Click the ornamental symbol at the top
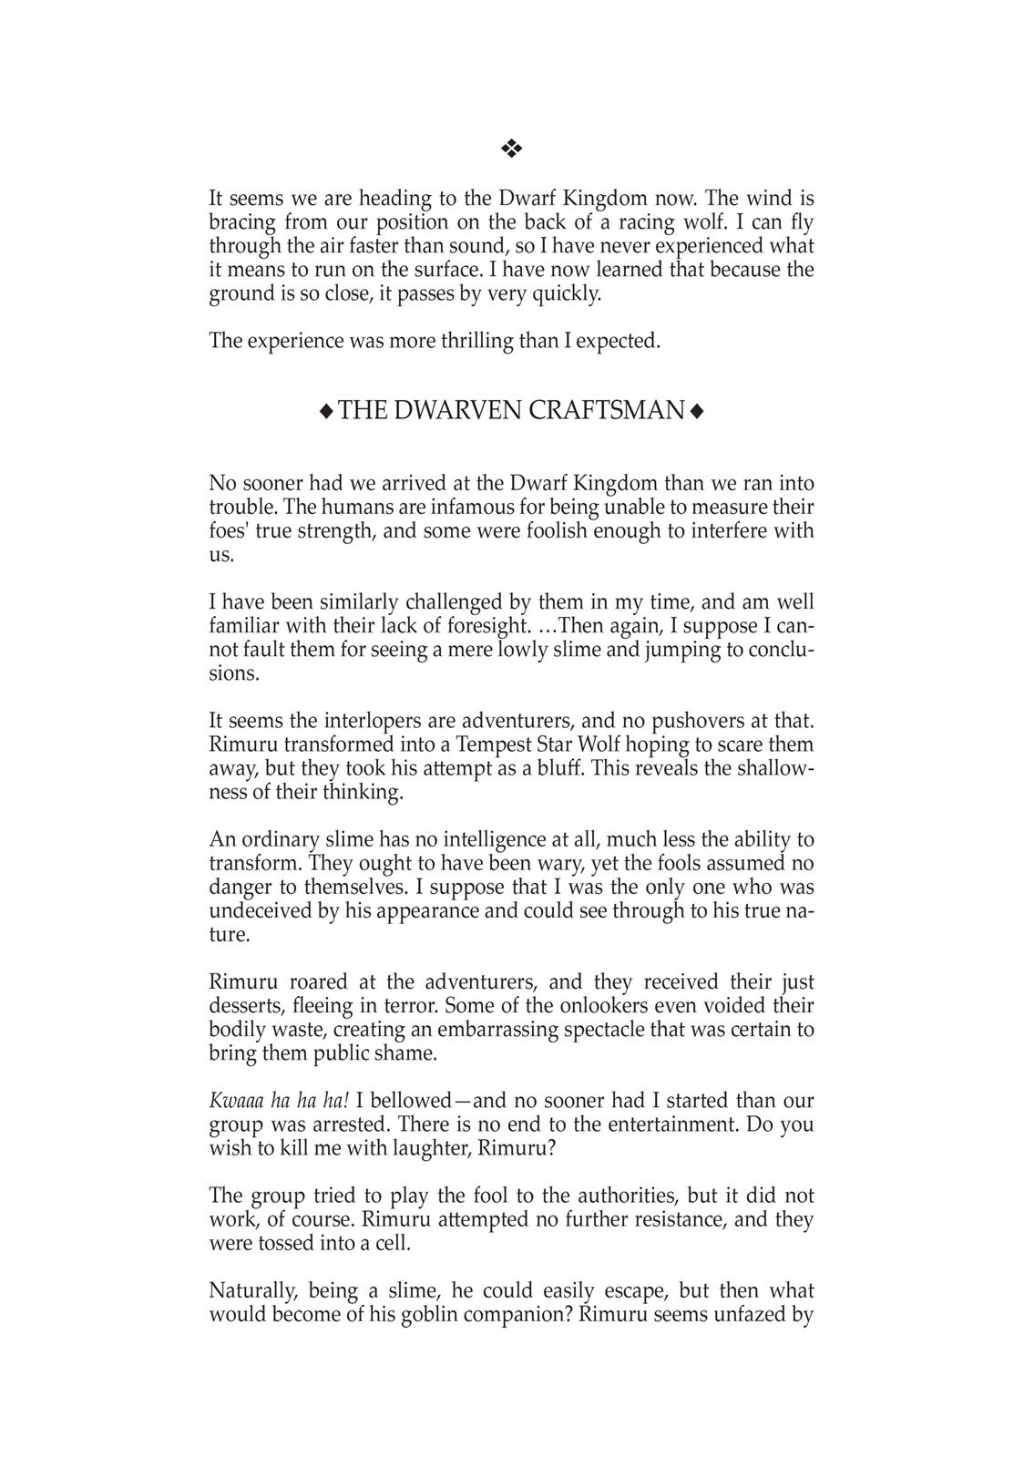pos(511,148)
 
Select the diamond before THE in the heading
pos(326,412)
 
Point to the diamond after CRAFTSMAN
pos(697,412)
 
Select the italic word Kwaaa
pos(234,1101)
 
